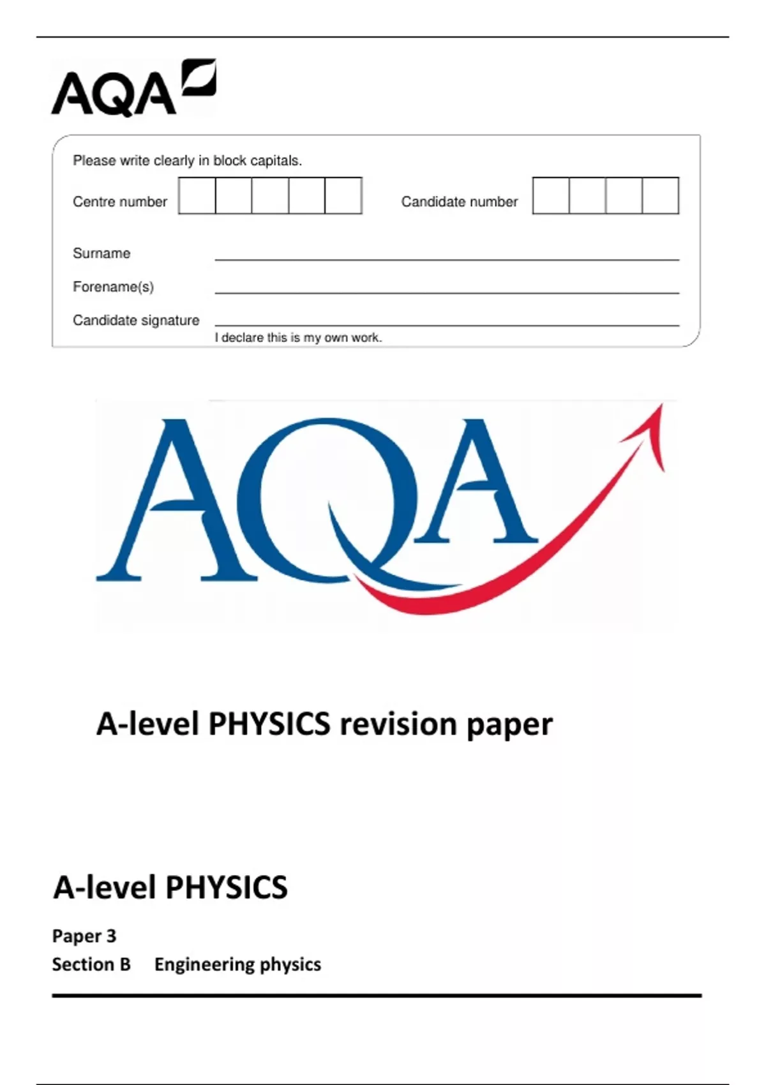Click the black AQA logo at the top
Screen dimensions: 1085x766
[x=133, y=89]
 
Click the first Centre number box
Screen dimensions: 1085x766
[x=197, y=196]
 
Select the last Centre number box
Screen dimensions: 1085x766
[x=343, y=196]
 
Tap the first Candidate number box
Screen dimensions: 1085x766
[x=551, y=196]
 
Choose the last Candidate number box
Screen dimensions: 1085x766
[x=661, y=196]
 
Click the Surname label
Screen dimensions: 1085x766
[x=101, y=253]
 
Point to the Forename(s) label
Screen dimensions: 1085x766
[x=113, y=287]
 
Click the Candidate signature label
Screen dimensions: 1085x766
[x=136, y=320]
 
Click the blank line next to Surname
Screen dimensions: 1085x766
[x=447, y=254]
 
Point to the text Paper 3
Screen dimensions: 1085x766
[x=84, y=936]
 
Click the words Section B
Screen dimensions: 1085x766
[x=91, y=964]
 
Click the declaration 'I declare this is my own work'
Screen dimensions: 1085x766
[x=298, y=338]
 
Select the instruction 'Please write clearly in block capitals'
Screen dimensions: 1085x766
[x=187, y=161]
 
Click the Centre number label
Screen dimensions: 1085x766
[x=120, y=202]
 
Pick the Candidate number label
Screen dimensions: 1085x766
[x=460, y=202]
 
